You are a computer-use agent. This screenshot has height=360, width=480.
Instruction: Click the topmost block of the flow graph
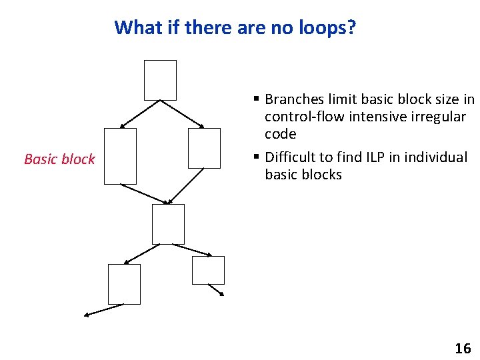tap(160, 80)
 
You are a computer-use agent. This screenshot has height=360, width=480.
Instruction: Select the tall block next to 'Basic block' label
tap(120, 156)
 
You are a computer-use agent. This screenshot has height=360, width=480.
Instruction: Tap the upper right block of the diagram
tap(204, 148)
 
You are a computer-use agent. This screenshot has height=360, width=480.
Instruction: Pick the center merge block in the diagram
tap(168, 224)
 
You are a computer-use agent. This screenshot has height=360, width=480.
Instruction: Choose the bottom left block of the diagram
tap(124, 284)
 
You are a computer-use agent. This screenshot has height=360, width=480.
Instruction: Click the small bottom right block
tap(208, 270)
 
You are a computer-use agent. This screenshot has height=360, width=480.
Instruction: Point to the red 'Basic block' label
tap(59, 159)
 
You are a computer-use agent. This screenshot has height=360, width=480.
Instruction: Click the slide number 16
tap(462, 348)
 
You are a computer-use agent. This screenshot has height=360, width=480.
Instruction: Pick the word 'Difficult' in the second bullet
tap(290, 157)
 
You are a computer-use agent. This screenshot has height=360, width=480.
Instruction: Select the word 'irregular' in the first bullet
tap(440, 117)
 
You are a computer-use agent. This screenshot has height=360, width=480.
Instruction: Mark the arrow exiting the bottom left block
tap(104, 310)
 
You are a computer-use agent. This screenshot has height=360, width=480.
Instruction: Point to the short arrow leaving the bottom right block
tap(216, 290)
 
